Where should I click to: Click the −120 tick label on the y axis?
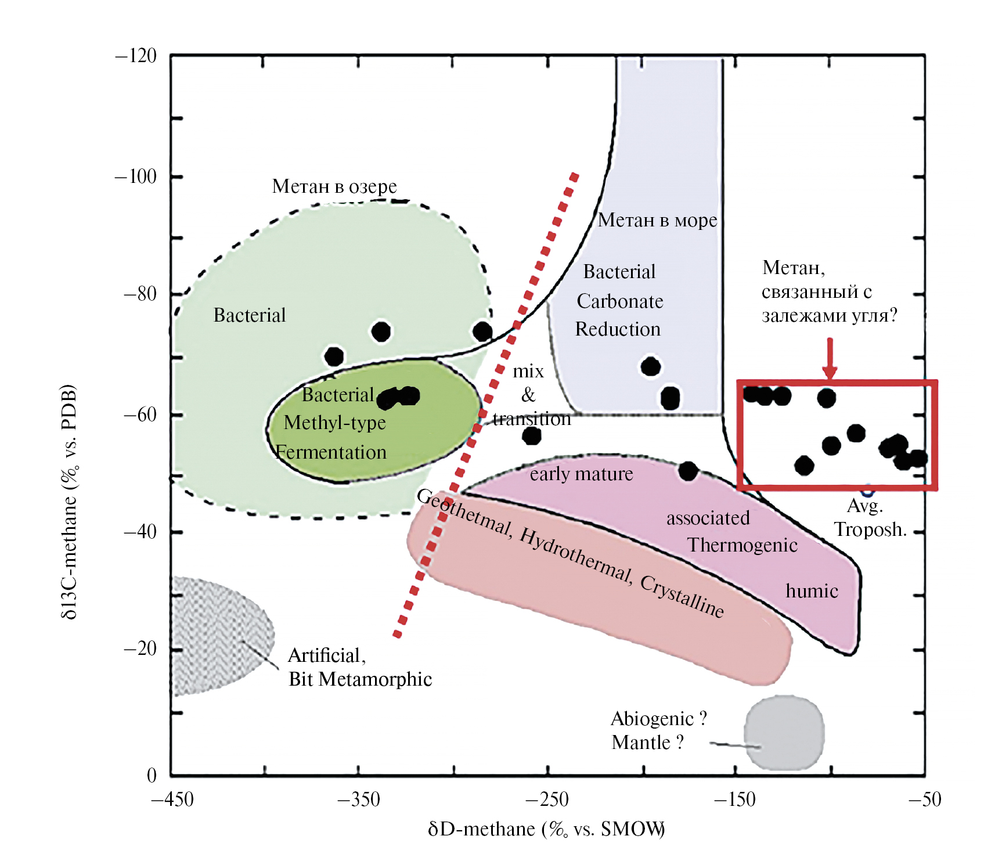(136, 56)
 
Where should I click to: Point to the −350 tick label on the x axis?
(359, 799)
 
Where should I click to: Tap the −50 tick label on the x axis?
(924, 799)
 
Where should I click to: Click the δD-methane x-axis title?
(546, 829)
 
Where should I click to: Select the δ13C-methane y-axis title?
(69, 502)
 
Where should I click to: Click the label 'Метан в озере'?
(334, 186)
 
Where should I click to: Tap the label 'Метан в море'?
(657, 220)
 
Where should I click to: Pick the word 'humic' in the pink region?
(812, 591)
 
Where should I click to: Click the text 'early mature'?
(581, 474)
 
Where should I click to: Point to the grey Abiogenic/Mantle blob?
(784, 733)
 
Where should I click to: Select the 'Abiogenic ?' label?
(658, 719)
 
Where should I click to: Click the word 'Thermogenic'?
(742, 545)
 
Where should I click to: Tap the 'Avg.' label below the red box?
(864, 506)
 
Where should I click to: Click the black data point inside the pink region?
(688, 471)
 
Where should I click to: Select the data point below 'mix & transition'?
(532, 435)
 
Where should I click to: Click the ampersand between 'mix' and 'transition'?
(528, 395)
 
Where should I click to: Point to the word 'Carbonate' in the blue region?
(619, 301)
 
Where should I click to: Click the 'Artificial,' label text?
(326, 655)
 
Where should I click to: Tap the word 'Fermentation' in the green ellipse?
(331, 452)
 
